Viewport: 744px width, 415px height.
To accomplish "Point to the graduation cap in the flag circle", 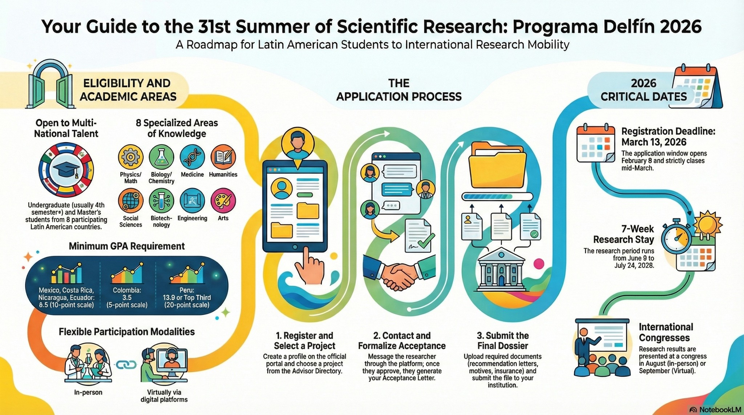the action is coord(66,170).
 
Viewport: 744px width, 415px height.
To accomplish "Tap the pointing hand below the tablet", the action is coord(310,265).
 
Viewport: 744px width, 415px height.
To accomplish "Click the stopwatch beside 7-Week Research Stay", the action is coord(676,238).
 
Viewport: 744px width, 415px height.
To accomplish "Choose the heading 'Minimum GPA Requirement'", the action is coord(127,246).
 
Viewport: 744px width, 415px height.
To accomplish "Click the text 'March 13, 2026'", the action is coord(654,142).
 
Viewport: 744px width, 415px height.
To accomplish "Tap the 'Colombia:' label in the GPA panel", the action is coord(127,290).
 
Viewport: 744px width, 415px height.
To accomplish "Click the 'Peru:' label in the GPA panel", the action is coord(187,290).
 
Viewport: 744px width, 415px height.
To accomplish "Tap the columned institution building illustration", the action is coord(501,269).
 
